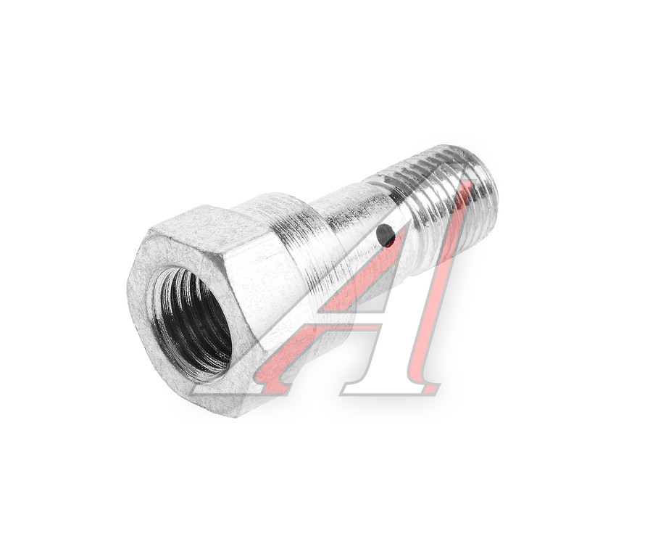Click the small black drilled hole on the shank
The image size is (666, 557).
pyautogui.click(x=386, y=235)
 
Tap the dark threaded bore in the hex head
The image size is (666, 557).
pyautogui.click(x=194, y=323)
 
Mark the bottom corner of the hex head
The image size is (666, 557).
pyautogui.click(x=235, y=417)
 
